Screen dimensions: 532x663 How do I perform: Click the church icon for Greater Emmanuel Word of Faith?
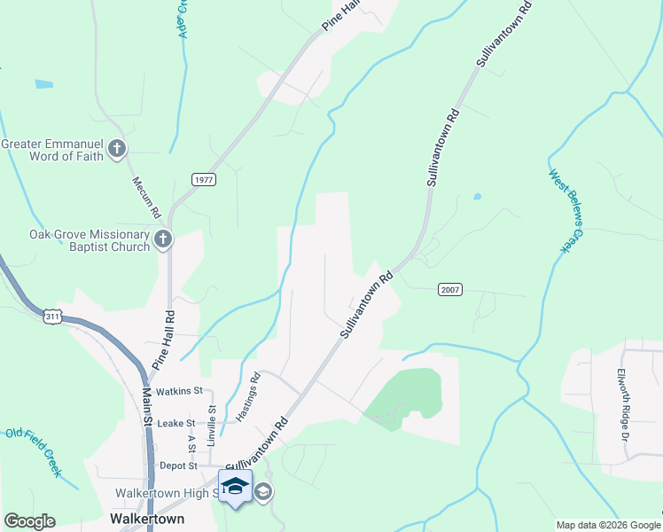click(x=117, y=148)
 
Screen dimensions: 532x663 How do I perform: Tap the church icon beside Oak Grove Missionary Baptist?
click(x=162, y=239)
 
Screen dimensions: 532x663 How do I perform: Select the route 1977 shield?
click(x=203, y=179)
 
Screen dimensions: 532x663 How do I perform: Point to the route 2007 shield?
click(x=449, y=290)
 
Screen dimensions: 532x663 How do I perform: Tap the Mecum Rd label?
click(x=146, y=198)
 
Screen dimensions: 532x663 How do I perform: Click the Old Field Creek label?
click(x=34, y=451)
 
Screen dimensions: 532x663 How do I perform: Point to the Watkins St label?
click(x=179, y=391)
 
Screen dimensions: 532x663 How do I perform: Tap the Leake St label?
click(x=175, y=424)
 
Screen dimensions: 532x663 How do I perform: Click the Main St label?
click(x=147, y=404)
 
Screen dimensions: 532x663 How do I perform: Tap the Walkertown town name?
click(x=147, y=519)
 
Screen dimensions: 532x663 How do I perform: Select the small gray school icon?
click(x=263, y=491)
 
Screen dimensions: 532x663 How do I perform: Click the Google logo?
click(x=29, y=521)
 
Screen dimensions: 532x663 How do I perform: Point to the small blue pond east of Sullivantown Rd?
click(x=477, y=196)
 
